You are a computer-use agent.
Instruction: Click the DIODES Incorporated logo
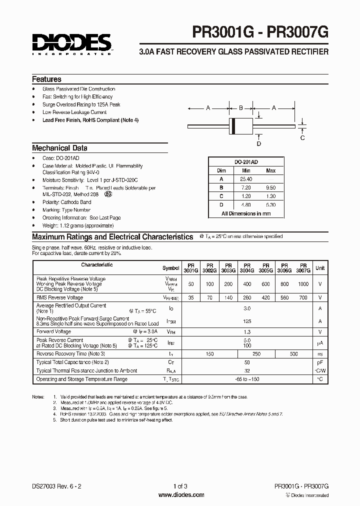[72, 44]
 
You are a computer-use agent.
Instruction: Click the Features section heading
[46, 79]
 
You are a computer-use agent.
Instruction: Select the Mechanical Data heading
[59, 148]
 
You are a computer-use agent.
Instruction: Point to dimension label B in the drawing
[240, 107]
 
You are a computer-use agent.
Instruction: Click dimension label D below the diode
[258, 144]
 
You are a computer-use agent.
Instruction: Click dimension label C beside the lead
[302, 137]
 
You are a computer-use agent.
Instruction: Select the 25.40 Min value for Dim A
[245, 179]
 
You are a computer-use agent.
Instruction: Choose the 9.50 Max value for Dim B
[270, 187]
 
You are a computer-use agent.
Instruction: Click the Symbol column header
[170, 268]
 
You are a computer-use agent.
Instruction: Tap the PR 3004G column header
[246, 267]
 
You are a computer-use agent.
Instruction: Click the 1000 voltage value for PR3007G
[303, 283]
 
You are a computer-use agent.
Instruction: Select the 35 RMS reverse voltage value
[190, 297]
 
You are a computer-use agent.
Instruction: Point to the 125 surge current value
[246, 321]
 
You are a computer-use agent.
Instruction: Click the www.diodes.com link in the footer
[180, 495]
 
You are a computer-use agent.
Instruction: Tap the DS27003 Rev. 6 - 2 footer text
[56, 486]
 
